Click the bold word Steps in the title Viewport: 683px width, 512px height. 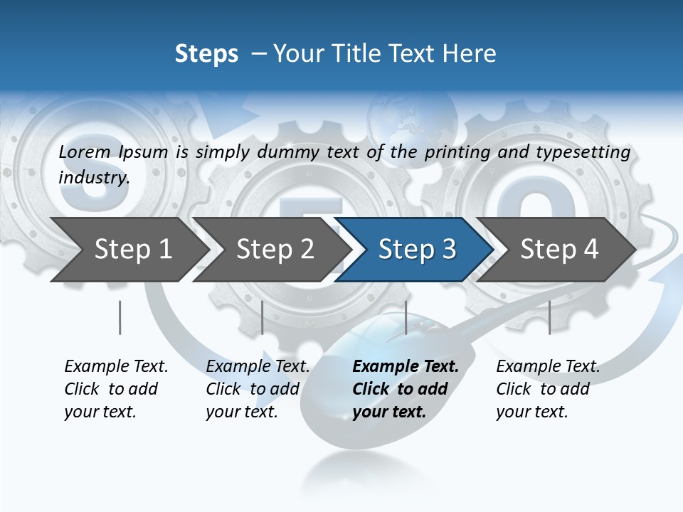pyautogui.click(x=206, y=54)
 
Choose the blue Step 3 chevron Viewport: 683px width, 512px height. pyautogui.click(x=417, y=250)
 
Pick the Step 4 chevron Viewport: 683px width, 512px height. pyautogui.click(x=559, y=250)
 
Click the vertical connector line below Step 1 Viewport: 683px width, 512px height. pyautogui.click(x=120, y=317)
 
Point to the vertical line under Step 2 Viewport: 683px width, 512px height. pyautogui.click(x=263, y=317)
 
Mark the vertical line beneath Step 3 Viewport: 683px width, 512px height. pyautogui.click(x=406, y=317)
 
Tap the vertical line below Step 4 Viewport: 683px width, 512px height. pyautogui.click(x=549, y=317)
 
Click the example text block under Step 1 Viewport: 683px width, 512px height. pyautogui.click(x=116, y=389)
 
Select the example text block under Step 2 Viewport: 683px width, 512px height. pyautogui.click(x=258, y=389)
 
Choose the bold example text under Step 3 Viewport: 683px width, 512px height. pyautogui.click(x=406, y=389)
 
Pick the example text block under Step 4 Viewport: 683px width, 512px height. pyautogui.click(x=548, y=389)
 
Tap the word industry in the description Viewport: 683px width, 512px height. pyautogui.click(x=93, y=177)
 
